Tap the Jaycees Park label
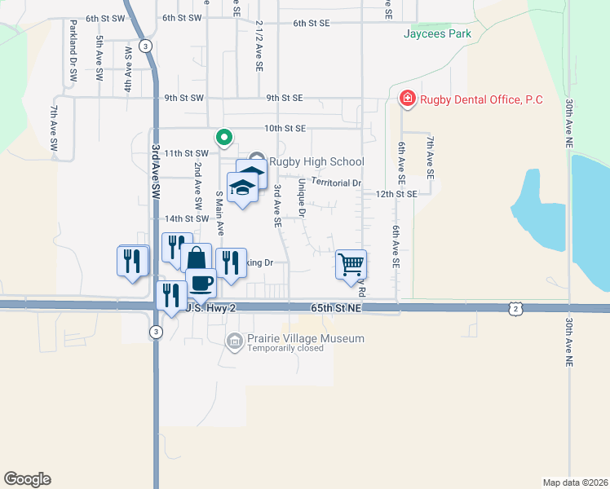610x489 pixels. tap(437, 34)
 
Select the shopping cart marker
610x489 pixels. tap(351, 263)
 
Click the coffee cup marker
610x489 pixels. tap(201, 282)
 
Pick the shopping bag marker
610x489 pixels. tap(196, 258)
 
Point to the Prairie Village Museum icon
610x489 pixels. tap(235, 341)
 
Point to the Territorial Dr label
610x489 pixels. tap(336, 183)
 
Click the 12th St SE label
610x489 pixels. tap(396, 194)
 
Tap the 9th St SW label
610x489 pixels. tap(183, 98)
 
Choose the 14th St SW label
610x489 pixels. tap(187, 218)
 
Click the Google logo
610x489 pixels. tap(27, 478)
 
